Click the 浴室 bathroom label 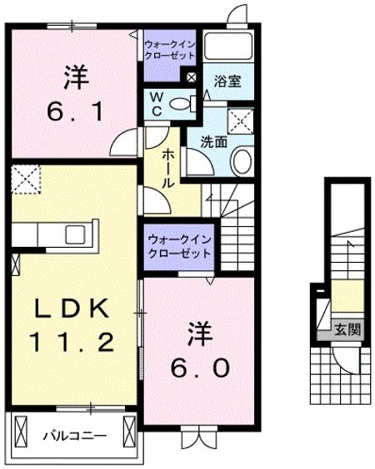[227, 81]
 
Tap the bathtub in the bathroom [228, 47]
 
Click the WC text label [157, 104]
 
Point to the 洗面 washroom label [213, 141]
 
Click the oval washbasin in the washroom [242, 162]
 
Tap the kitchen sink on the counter [75, 234]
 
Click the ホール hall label [167, 169]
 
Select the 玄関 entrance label [347, 330]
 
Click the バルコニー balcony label [75, 436]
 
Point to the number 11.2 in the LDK [72, 342]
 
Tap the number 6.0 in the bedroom [201, 368]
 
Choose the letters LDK [72, 308]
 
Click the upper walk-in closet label [170, 50]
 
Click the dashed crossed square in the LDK [26, 180]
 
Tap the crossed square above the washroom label [241, 121]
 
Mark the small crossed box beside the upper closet [191, 78]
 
